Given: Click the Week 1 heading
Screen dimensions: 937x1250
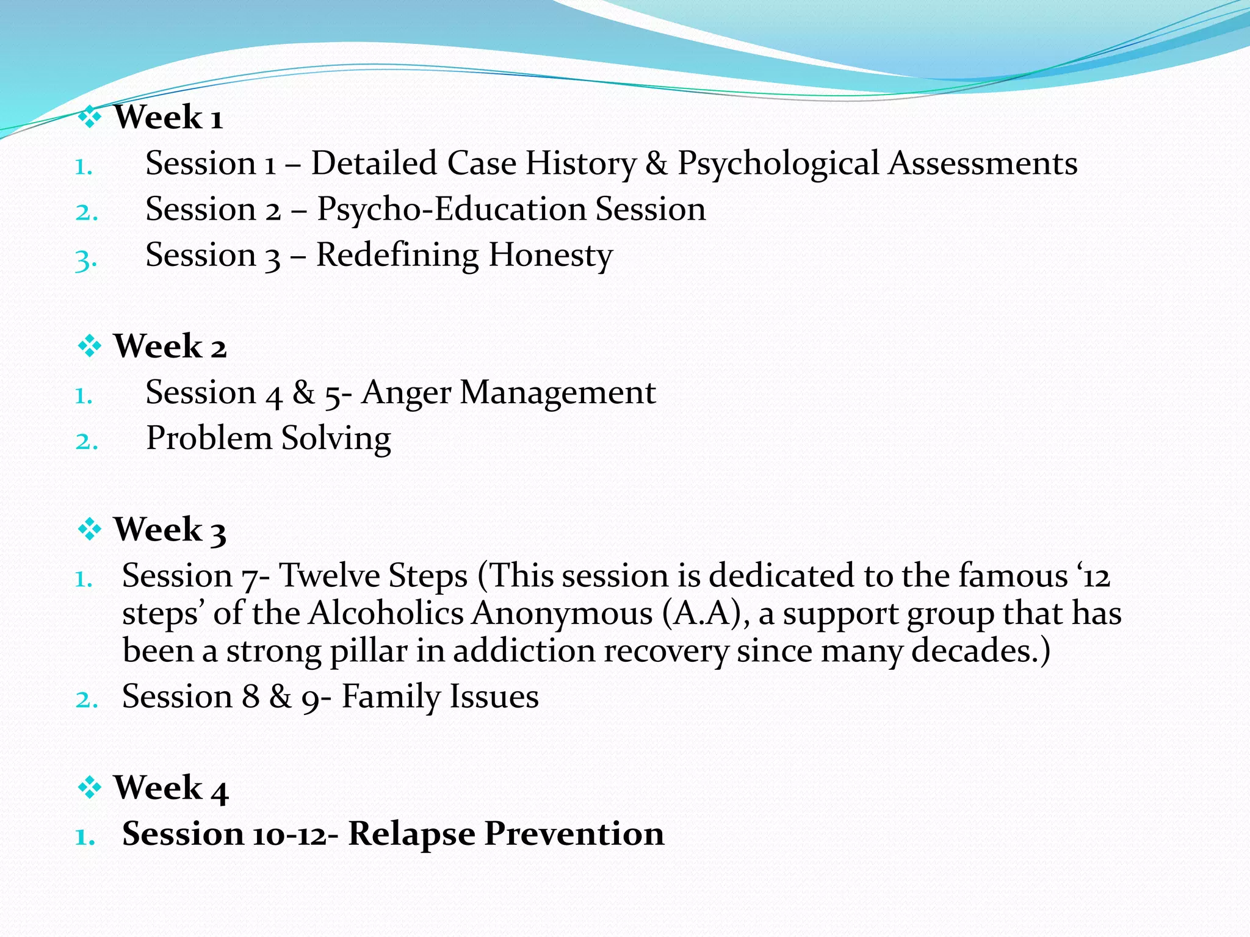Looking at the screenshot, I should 168,117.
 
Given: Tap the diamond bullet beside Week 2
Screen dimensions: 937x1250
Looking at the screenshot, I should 90,346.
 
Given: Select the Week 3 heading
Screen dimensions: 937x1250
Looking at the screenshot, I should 170,530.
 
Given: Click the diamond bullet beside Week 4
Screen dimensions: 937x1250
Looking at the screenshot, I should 90,788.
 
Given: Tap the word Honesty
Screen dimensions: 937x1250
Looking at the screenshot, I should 550,255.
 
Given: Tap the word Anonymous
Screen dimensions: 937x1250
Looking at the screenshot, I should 562,613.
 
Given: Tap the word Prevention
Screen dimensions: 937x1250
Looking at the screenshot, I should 574,834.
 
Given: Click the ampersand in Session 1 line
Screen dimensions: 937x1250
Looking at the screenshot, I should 656,163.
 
